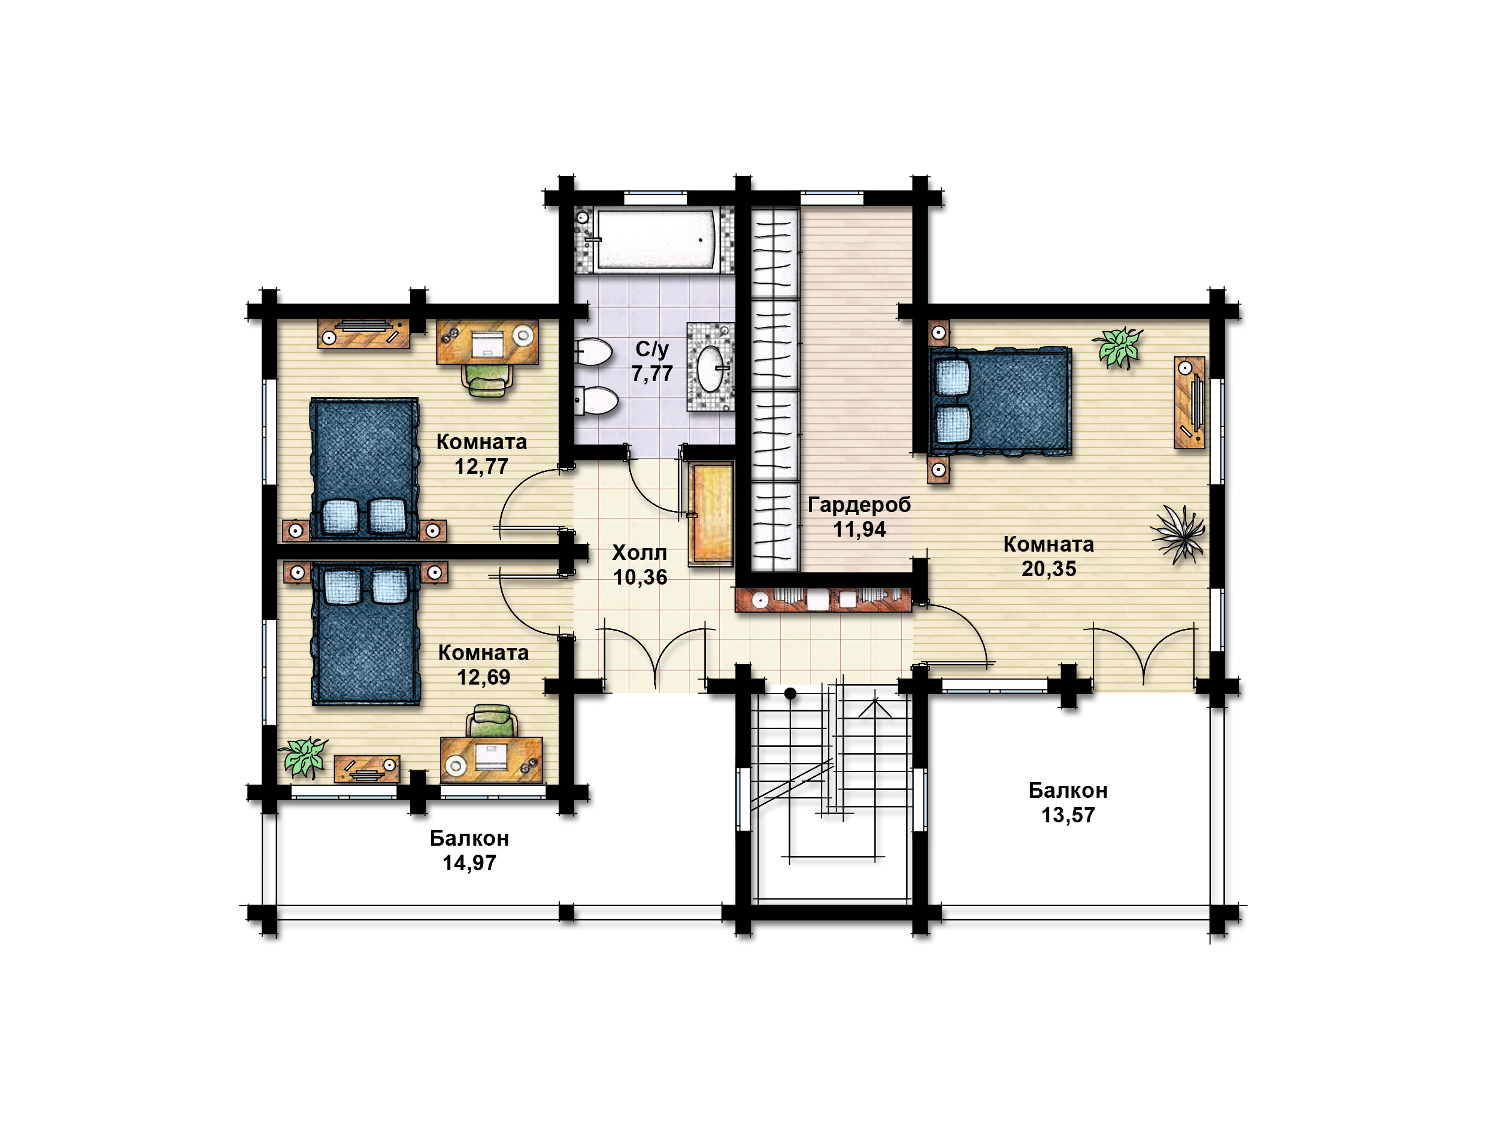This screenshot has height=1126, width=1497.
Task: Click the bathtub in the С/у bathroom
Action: click(x=655, y=240)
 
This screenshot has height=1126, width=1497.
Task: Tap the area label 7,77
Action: click(x=653, y=373)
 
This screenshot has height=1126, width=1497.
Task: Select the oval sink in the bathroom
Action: click(x=711, y=369)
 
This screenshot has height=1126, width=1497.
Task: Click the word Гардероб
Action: click(x=859, y=505)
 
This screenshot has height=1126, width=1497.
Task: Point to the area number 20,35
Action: click(x=1049, y=569)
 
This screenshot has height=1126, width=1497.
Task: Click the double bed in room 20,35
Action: click(x=1000, y=401)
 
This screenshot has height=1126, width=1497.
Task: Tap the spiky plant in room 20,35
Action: click(x=1179, y=534)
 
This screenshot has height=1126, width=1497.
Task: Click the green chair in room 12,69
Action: click(x=492, y=721)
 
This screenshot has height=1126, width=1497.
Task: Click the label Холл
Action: click(x=640, y=553)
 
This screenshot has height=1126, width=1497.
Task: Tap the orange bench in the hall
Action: click(x=711, y=514)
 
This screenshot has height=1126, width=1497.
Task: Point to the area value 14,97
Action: click(x=469, y=862)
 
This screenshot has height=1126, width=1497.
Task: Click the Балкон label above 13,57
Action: click(x=1068, y=790)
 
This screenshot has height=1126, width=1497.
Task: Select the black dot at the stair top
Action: click(x=790, y=694)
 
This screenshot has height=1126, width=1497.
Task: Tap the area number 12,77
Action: click(x=481, y=467)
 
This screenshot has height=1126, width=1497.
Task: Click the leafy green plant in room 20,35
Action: click(x=1118, y=347)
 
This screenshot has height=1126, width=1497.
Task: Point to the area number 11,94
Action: click(x=859, y=529)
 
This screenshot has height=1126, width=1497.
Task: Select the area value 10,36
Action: click(x=640, y=577)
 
